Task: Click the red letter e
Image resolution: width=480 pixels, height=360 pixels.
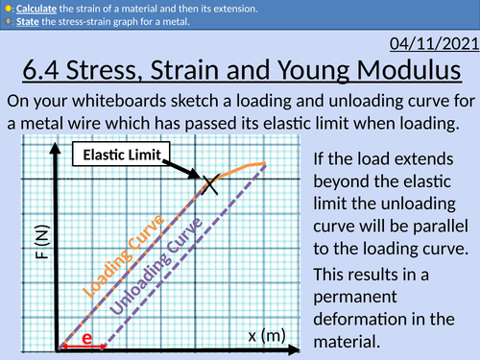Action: coord(86,339)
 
